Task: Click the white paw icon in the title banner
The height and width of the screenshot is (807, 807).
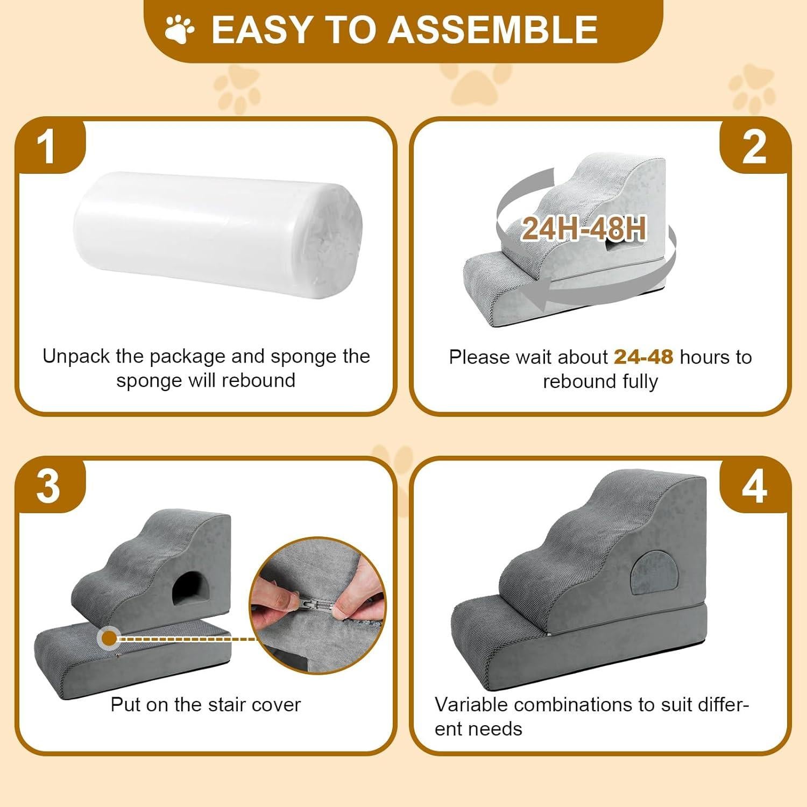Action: coord(180,30)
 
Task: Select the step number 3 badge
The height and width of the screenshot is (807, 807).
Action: coord(48,486)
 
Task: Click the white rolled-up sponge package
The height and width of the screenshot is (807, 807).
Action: coord(217,232)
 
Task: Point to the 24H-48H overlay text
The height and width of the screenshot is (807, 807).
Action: coord(584,229)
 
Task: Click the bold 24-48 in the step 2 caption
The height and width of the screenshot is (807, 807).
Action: coord(643,357)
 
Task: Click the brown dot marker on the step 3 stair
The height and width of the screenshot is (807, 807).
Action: coord(109,639)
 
